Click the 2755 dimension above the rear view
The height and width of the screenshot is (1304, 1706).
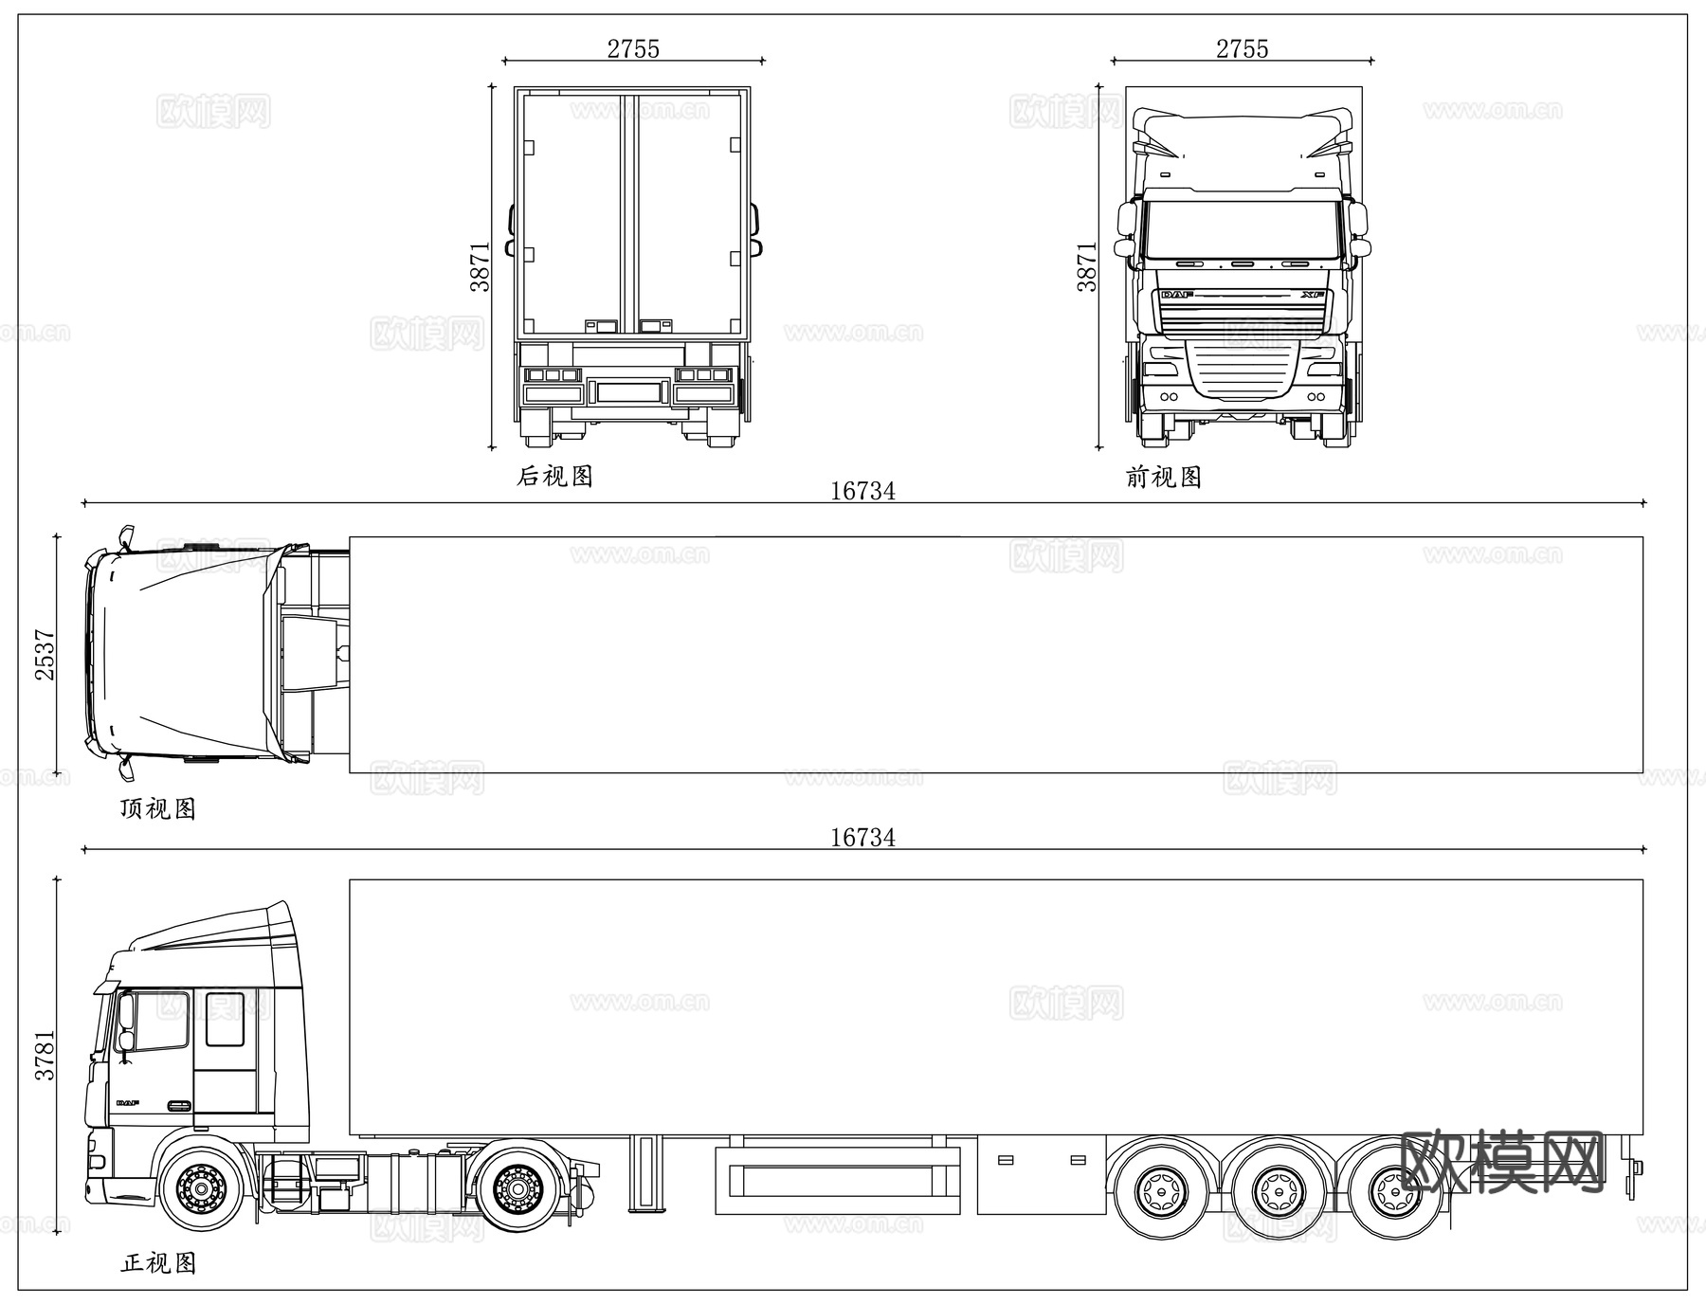coord(633,48)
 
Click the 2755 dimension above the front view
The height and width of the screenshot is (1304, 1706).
coord(1242,48)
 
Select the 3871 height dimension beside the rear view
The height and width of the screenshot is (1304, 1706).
coord(481,266)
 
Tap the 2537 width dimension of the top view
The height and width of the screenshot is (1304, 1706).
coord(45,654)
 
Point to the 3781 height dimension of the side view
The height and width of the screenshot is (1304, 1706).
coord(45,1055)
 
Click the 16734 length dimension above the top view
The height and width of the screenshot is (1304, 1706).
coord(862,491)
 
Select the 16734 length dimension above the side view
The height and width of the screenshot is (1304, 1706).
coord(862,838)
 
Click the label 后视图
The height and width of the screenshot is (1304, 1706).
coord(554,476)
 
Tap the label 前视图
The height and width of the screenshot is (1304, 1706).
coord(1164,477)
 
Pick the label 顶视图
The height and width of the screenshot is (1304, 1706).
coord(157,808)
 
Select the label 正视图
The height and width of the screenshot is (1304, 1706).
coord(158,1263)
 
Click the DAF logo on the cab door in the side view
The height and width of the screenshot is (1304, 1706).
coord(127,1103)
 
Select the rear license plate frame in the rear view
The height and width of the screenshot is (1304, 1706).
coord(626,390)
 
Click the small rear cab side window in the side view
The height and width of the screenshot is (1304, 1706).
coord(225,1019)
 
